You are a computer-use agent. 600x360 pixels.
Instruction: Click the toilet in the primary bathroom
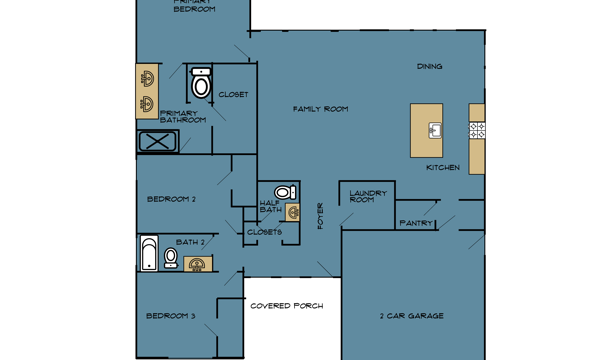pyautogui.click(x=201, y=83)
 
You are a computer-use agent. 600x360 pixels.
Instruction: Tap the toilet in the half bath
pyautogui.click(x=285, y=192)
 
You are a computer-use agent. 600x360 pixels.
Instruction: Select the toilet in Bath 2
pyautogui.click(x=171, y=258)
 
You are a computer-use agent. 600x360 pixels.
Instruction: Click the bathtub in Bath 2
pyautogui.click(x=149, y=253)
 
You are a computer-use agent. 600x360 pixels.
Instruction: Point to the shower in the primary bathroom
pyautogui.click(x=158, y=142)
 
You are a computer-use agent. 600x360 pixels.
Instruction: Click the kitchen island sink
pyautogui.click(x=435, y=130)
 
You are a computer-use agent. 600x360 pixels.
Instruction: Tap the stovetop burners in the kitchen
pyautogui.click(x=477, y=130)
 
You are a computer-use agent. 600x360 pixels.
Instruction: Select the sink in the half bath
pyautogui.click(x=293, y=212)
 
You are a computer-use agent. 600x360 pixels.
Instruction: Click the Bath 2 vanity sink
pyautogui.click(x=197, y=264)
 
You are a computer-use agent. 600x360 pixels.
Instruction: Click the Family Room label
pyautogui.click(x=321, y=109)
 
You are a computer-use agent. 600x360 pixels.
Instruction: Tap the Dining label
pyautogui.click(x=429, y=66)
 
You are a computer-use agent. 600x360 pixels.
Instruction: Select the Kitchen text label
pyautogui.click(x=443, y=168)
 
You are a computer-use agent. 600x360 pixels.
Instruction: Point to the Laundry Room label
pyautogui.click(x=368, y=196)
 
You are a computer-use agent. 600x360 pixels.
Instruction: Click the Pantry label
pyautogui.click(x=416, y=223)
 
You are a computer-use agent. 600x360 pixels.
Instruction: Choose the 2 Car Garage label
pyautogui.click(x=412, y=316)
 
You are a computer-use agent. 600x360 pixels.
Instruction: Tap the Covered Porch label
pyautogui.click(x=287, y=306)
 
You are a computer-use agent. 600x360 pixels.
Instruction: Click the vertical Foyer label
pyautogui.click(x=320, y=216)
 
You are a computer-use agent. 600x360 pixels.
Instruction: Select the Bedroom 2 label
pyautogui.click(x=171, y=199)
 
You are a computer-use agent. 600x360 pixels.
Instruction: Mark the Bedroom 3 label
pyautogui.click(x=171, y=316)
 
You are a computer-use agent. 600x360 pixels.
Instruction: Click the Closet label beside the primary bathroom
pyautogui.click(x=233, y=94)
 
